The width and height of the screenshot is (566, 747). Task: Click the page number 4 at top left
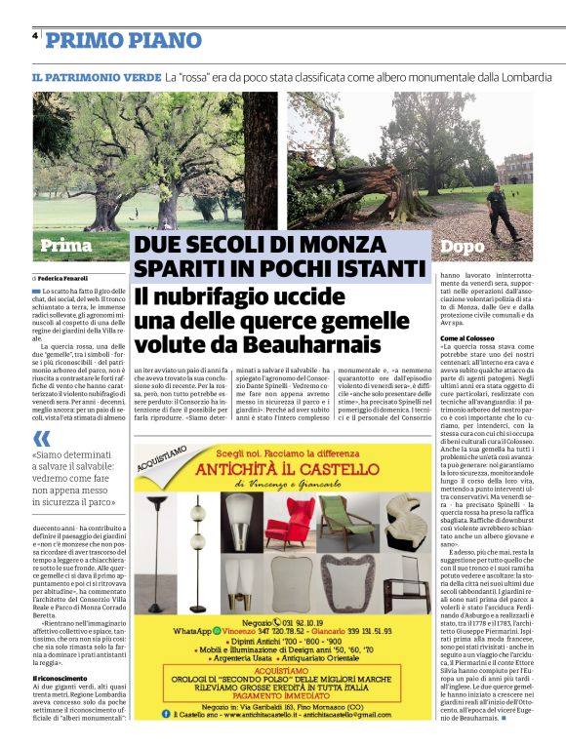(x=35, y=35)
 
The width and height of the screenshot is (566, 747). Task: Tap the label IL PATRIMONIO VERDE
(x=95, y=76)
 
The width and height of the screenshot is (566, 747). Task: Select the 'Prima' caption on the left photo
(x=65, y=245)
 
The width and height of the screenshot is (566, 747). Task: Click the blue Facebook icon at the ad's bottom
(x=167, y=713)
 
